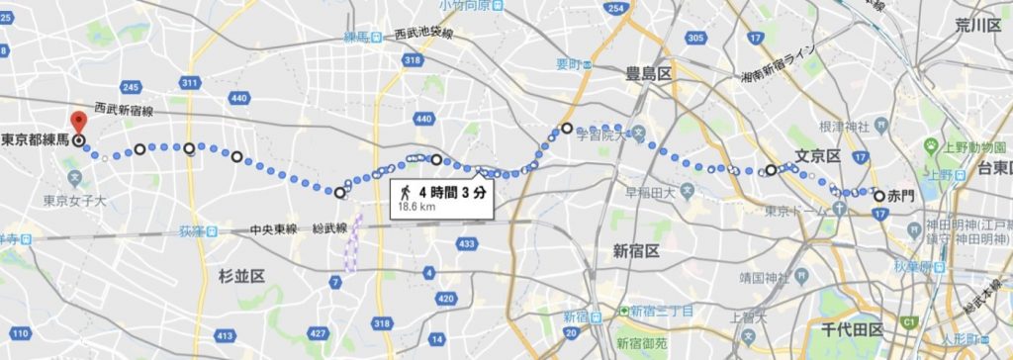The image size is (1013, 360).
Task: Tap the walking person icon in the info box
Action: (404, 189)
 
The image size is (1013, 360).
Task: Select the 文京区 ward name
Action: (817, 156)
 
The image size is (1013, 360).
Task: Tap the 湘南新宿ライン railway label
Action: (782, 63)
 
